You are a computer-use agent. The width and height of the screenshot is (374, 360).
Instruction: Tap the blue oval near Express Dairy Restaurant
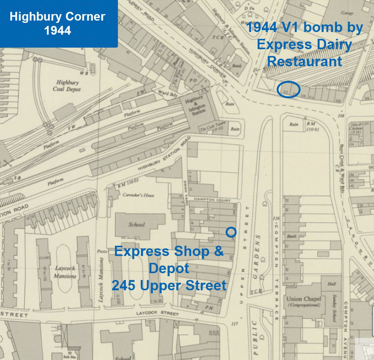pyautogui.click(x=289, y=90)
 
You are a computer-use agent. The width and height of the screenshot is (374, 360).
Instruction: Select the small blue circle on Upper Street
pyautogui.click(x=231, y=232)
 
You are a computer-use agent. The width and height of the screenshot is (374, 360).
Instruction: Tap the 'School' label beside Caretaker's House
pyautogui.click(x=136, y=224)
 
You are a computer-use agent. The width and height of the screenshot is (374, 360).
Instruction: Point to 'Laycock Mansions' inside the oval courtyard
pyautogui.click(x=65, y=271)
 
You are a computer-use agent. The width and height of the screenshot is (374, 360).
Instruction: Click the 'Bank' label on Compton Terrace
pyautogui.click(x=292, y=237)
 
